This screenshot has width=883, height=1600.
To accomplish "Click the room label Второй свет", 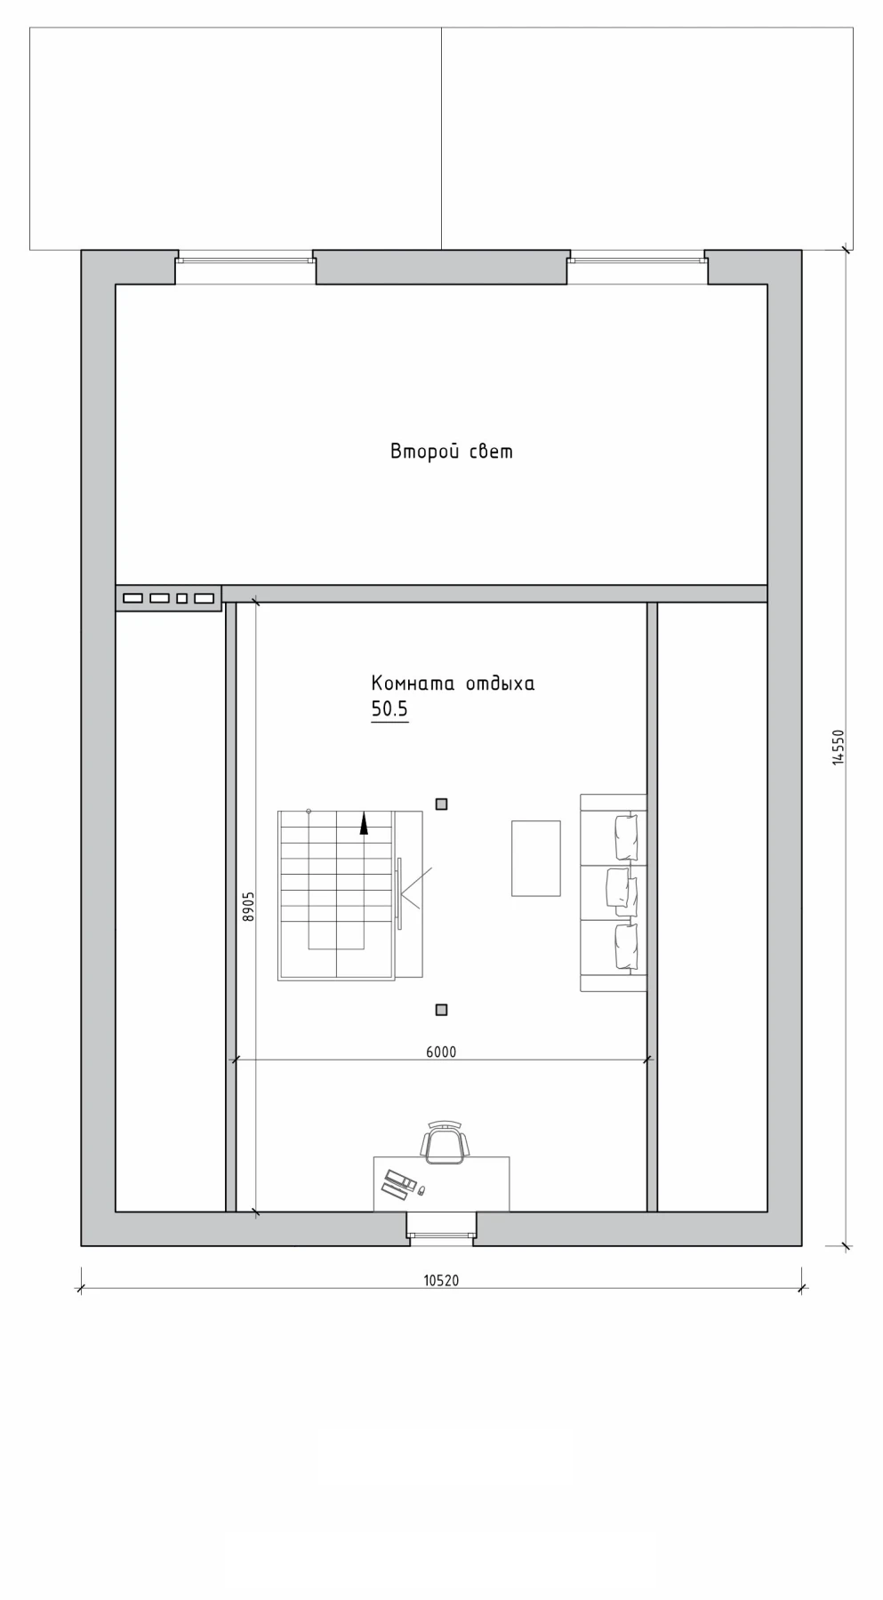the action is tap(452, 452).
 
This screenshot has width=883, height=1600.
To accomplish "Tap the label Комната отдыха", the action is tap(453, 684).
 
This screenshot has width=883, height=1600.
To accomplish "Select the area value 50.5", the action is tap(389, 709).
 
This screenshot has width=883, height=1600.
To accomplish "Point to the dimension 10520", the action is tap(441, 1281).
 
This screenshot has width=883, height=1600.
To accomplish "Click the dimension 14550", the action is tap(838, 747).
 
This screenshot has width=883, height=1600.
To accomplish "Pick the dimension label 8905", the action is tap(249, 907).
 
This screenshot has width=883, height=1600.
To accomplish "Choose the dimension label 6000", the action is tap(441, 1052).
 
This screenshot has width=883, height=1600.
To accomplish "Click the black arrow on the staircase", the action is tap(364, 824).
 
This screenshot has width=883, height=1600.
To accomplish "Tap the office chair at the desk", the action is tap(444, 1143).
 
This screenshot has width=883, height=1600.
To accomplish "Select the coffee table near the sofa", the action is tap(536, 858).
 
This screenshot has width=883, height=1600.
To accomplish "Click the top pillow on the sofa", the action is tap(626, 837).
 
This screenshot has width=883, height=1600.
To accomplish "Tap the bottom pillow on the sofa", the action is tap(626, 947).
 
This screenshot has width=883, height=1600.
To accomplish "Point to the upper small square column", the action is tap(441, 804).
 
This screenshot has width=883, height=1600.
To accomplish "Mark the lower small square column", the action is tap(441, 1010).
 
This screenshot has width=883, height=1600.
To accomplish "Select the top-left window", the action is tap(245, 260).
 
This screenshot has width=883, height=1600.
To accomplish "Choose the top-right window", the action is tap(638, 260).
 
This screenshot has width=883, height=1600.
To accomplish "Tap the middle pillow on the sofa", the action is tap(622, 892).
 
